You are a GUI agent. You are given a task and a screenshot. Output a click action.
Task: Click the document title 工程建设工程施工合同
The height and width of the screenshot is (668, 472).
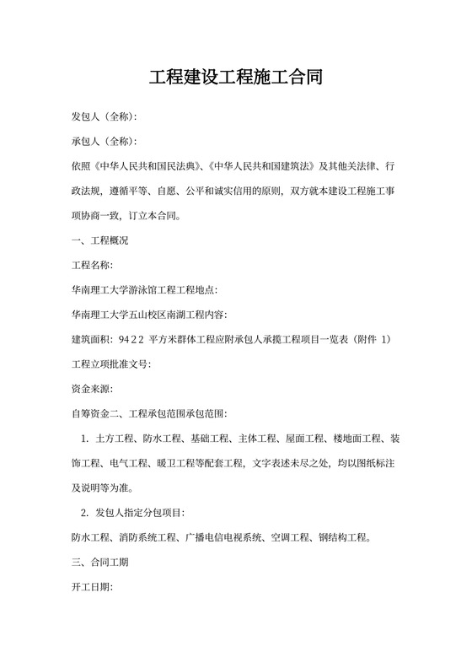pyautogui.click(x=235, y=78)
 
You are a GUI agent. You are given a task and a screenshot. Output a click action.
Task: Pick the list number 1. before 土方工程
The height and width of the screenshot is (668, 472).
pyautogui.click(x=84, y=439)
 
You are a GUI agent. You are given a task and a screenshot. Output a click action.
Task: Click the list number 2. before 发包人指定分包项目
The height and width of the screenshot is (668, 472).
pyautogui.click(x=84, y=513)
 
